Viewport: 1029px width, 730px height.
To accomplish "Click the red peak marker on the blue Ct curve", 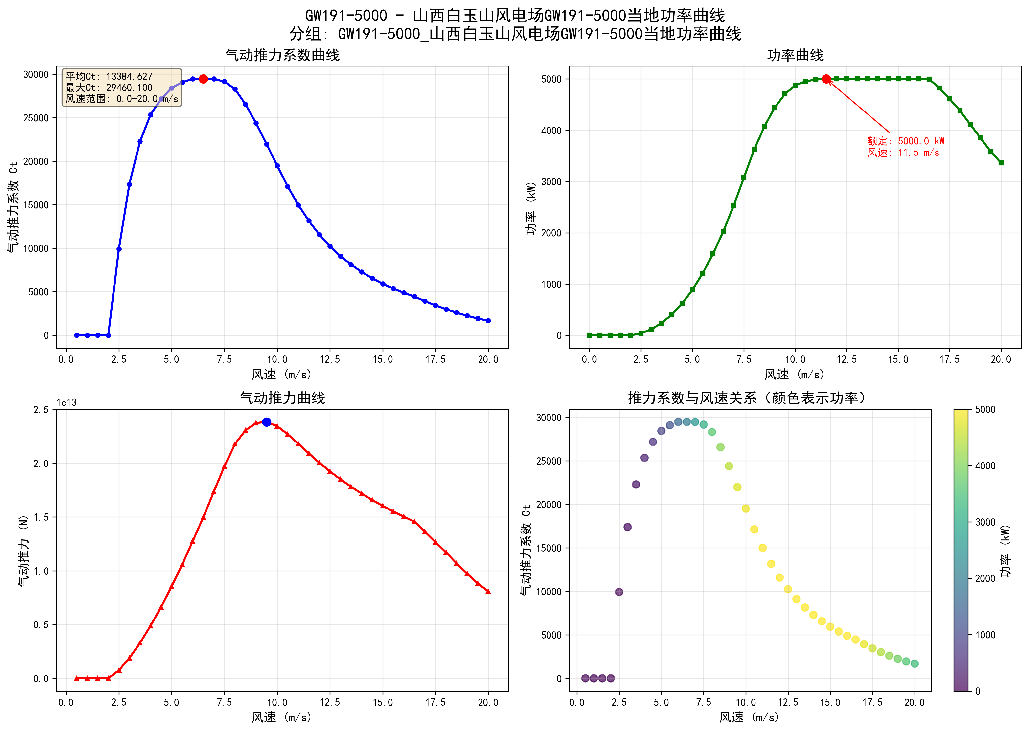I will [x=203, y=79].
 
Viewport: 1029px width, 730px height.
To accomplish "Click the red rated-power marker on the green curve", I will [x=826, y=79].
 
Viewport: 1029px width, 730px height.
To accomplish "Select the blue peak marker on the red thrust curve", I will [x=267, y=422].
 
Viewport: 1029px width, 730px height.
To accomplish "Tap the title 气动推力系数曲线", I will [x=282, y=55].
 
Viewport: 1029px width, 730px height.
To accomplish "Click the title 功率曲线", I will [x=795, y=55].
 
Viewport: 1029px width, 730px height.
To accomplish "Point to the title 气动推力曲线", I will [x=282, y=398].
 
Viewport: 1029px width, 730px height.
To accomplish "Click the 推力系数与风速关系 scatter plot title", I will [x=746, y=398].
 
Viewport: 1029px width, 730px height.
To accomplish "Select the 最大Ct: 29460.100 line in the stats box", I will [x=109, y=88].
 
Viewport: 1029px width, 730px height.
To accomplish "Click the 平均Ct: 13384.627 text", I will [x=109, y=76].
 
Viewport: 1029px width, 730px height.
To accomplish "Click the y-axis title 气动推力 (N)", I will [x=23, y=551].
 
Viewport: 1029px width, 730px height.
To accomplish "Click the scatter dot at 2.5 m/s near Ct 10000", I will [x=619, y=592].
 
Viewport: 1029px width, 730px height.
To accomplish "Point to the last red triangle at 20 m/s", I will [x=488, y=592].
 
